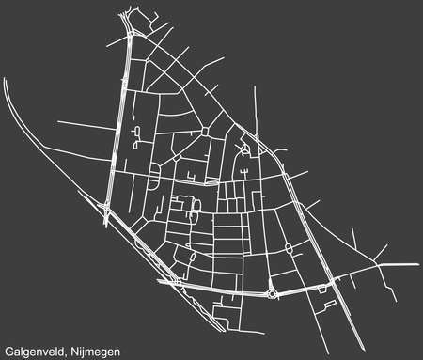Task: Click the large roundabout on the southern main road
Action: (273, 292)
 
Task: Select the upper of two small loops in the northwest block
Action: (137, 131)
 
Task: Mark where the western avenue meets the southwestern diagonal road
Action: (105, 213)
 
